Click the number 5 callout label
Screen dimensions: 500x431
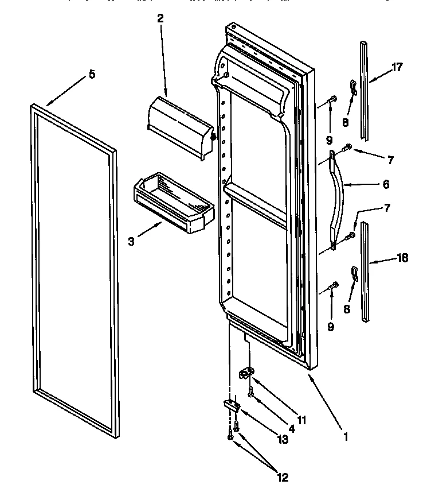92,74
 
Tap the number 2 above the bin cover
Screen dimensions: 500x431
160,18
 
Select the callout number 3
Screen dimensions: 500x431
131,242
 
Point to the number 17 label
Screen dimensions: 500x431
397,67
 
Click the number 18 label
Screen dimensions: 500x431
402,258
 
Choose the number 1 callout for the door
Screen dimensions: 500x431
344,436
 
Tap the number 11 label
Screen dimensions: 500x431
301,420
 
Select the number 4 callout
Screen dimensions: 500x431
292,428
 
